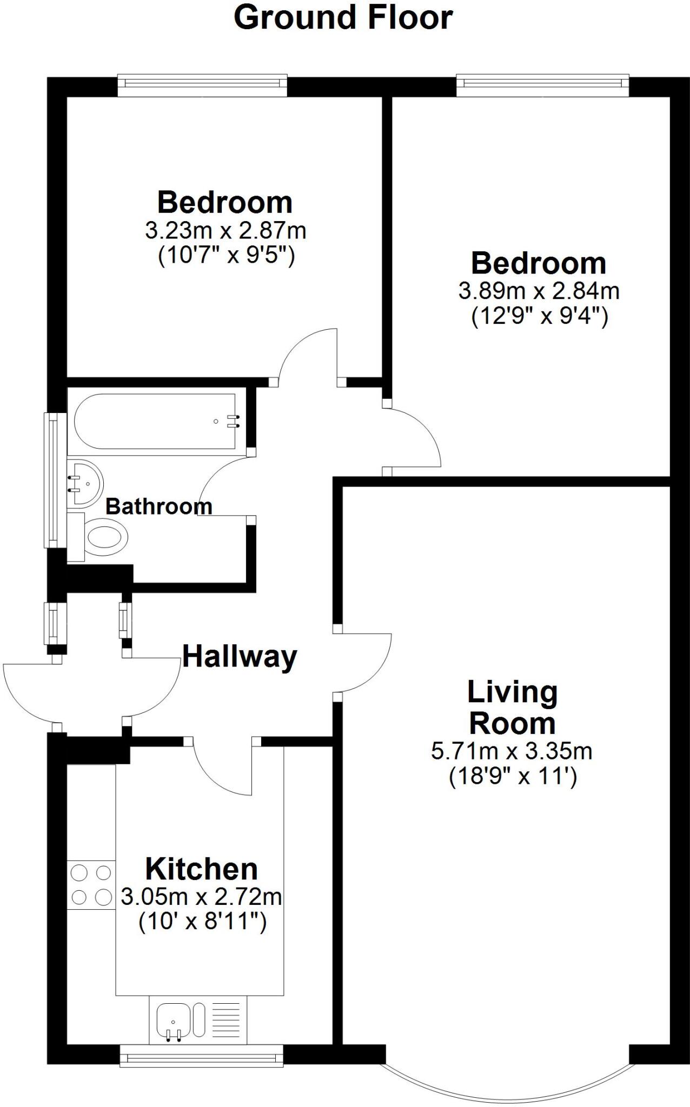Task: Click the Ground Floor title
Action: click(x=343, y=17)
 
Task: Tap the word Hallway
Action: click(x=240, y=657)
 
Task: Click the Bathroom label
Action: click(x=158, y=506)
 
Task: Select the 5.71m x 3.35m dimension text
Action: click(x=512, y=751)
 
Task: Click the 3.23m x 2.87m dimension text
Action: click(x=225, y=231)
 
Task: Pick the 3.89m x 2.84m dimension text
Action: click(x=539, y=291)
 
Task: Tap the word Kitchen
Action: click(x=202, y=869)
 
